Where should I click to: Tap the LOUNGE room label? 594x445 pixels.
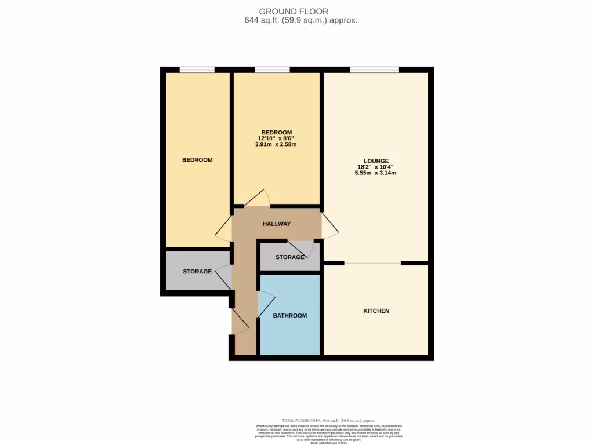click(x=376, y=161)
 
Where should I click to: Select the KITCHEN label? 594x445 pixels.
click(x=376, y=311)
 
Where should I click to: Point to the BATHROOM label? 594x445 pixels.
click(x=289, y=316)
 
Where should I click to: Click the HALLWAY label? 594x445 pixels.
click(x=276, y=224)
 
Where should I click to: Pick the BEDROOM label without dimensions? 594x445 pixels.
click(x=197, y=160)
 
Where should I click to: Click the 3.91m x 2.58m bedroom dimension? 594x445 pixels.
click(x=276, y=145)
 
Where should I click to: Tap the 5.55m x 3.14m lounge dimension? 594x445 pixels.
click(x=376, y=173)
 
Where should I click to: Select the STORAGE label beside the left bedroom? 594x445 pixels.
click(x=197, y=271)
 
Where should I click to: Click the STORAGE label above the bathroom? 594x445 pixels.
click(x=289, y=257)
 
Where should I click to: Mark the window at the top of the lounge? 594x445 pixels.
click(x=374, y=70)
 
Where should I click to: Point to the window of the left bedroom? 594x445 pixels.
click(x=197, y=70)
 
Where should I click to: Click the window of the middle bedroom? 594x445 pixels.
click(x=272, y=70)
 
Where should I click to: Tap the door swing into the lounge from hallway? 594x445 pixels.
click(x=330, y=225)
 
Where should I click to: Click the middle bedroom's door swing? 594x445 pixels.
click(x=257, y=198)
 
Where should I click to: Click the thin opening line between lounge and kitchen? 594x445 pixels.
click(x=372, y=264)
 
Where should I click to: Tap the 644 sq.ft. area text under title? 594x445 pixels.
click(x=301, y=20)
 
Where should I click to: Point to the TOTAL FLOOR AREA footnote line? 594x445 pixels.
click(x=329, y=421)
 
